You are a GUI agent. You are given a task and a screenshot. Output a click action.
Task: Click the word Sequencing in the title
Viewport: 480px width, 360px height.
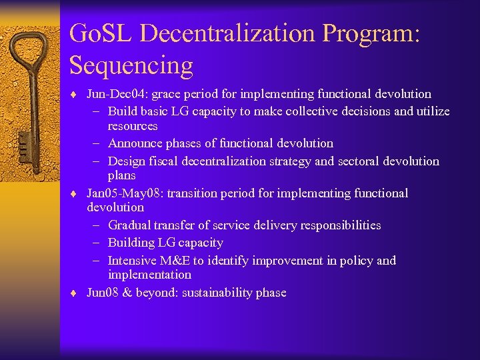coord(131,65)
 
